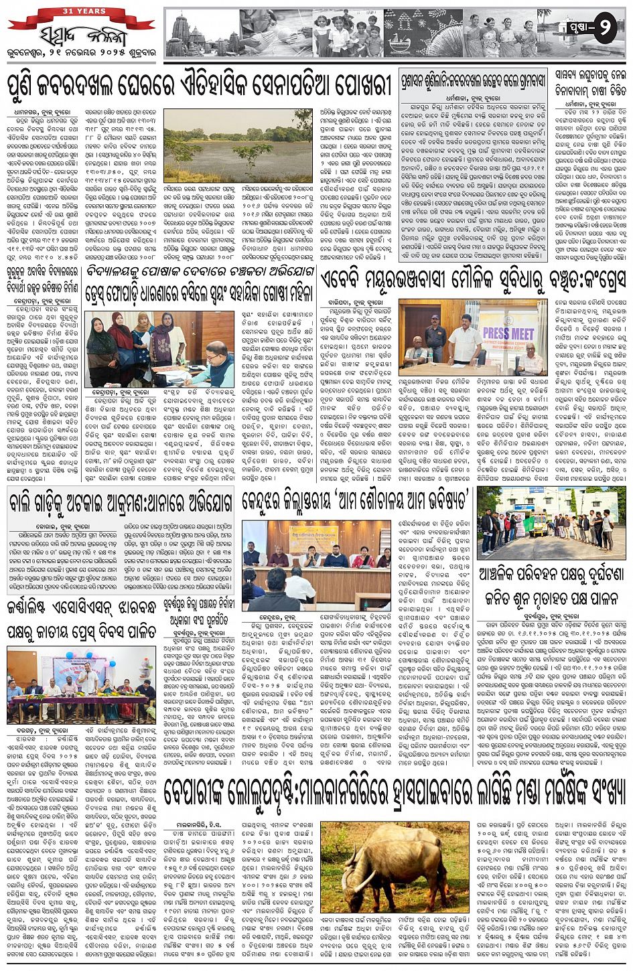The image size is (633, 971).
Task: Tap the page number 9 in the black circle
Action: [603, 29]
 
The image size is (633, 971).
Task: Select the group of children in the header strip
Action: [348, 35]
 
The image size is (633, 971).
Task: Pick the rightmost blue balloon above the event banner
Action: [148, 656]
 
